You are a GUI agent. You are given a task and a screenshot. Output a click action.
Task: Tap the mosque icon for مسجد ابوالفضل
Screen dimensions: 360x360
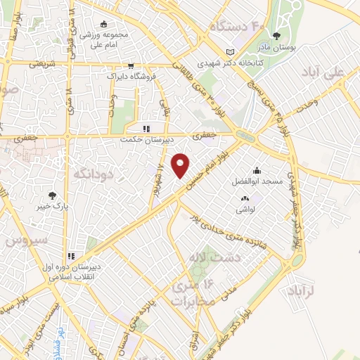click(257, 170)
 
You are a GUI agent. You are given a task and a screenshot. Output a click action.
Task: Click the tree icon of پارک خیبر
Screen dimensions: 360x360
click(51, 195)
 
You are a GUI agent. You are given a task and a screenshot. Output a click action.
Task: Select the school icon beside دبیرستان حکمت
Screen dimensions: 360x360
click(147, 129)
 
